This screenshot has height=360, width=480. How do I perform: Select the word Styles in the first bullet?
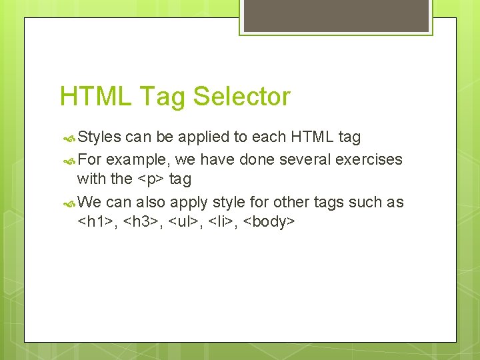99,137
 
